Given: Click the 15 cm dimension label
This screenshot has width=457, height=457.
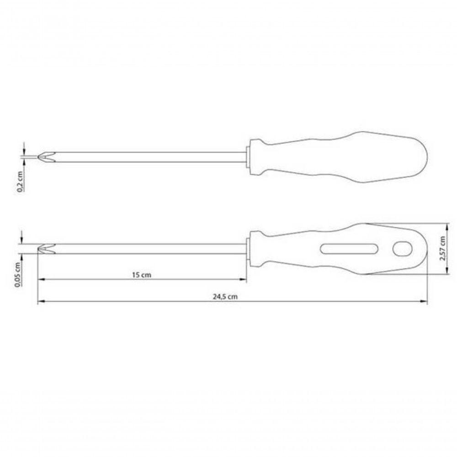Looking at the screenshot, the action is pos(142,275).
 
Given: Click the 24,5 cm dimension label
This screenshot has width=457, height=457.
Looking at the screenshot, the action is pos(225,297).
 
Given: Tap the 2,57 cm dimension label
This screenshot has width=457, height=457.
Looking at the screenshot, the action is pos(442,248).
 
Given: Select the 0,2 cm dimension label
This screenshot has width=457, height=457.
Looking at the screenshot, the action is pos(20,182).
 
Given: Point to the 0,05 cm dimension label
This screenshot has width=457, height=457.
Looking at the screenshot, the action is pos(17,275).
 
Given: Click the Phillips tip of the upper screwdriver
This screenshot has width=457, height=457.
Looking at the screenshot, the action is pos(47,157).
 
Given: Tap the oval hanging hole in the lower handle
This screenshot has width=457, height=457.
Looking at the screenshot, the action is pos(403,249).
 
